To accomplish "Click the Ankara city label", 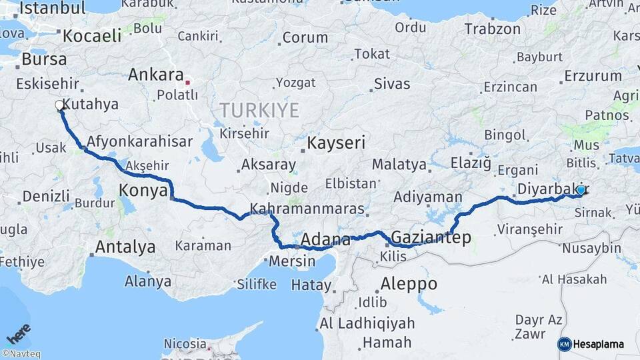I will click(155, 74).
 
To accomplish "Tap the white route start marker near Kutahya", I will click(59, 105).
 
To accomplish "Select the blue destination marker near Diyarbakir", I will click(581, 190).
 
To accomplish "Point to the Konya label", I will click(143, 191).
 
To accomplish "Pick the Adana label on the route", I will click(325, 240).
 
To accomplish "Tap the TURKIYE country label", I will click(260, 110).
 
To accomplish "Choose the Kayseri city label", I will click(337, 143).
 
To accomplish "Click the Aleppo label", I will click(408, 284).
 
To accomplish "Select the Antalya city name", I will click(125, 247).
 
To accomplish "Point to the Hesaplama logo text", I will click(599, 344).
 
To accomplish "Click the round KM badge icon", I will click(564, 344).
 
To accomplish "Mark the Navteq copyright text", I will click(21, 354).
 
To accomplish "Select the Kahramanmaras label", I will click(307, 209).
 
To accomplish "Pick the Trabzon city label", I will click(492, 29).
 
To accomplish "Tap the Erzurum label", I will click(593, 76).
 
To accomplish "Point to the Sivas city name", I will click(391, 84).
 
